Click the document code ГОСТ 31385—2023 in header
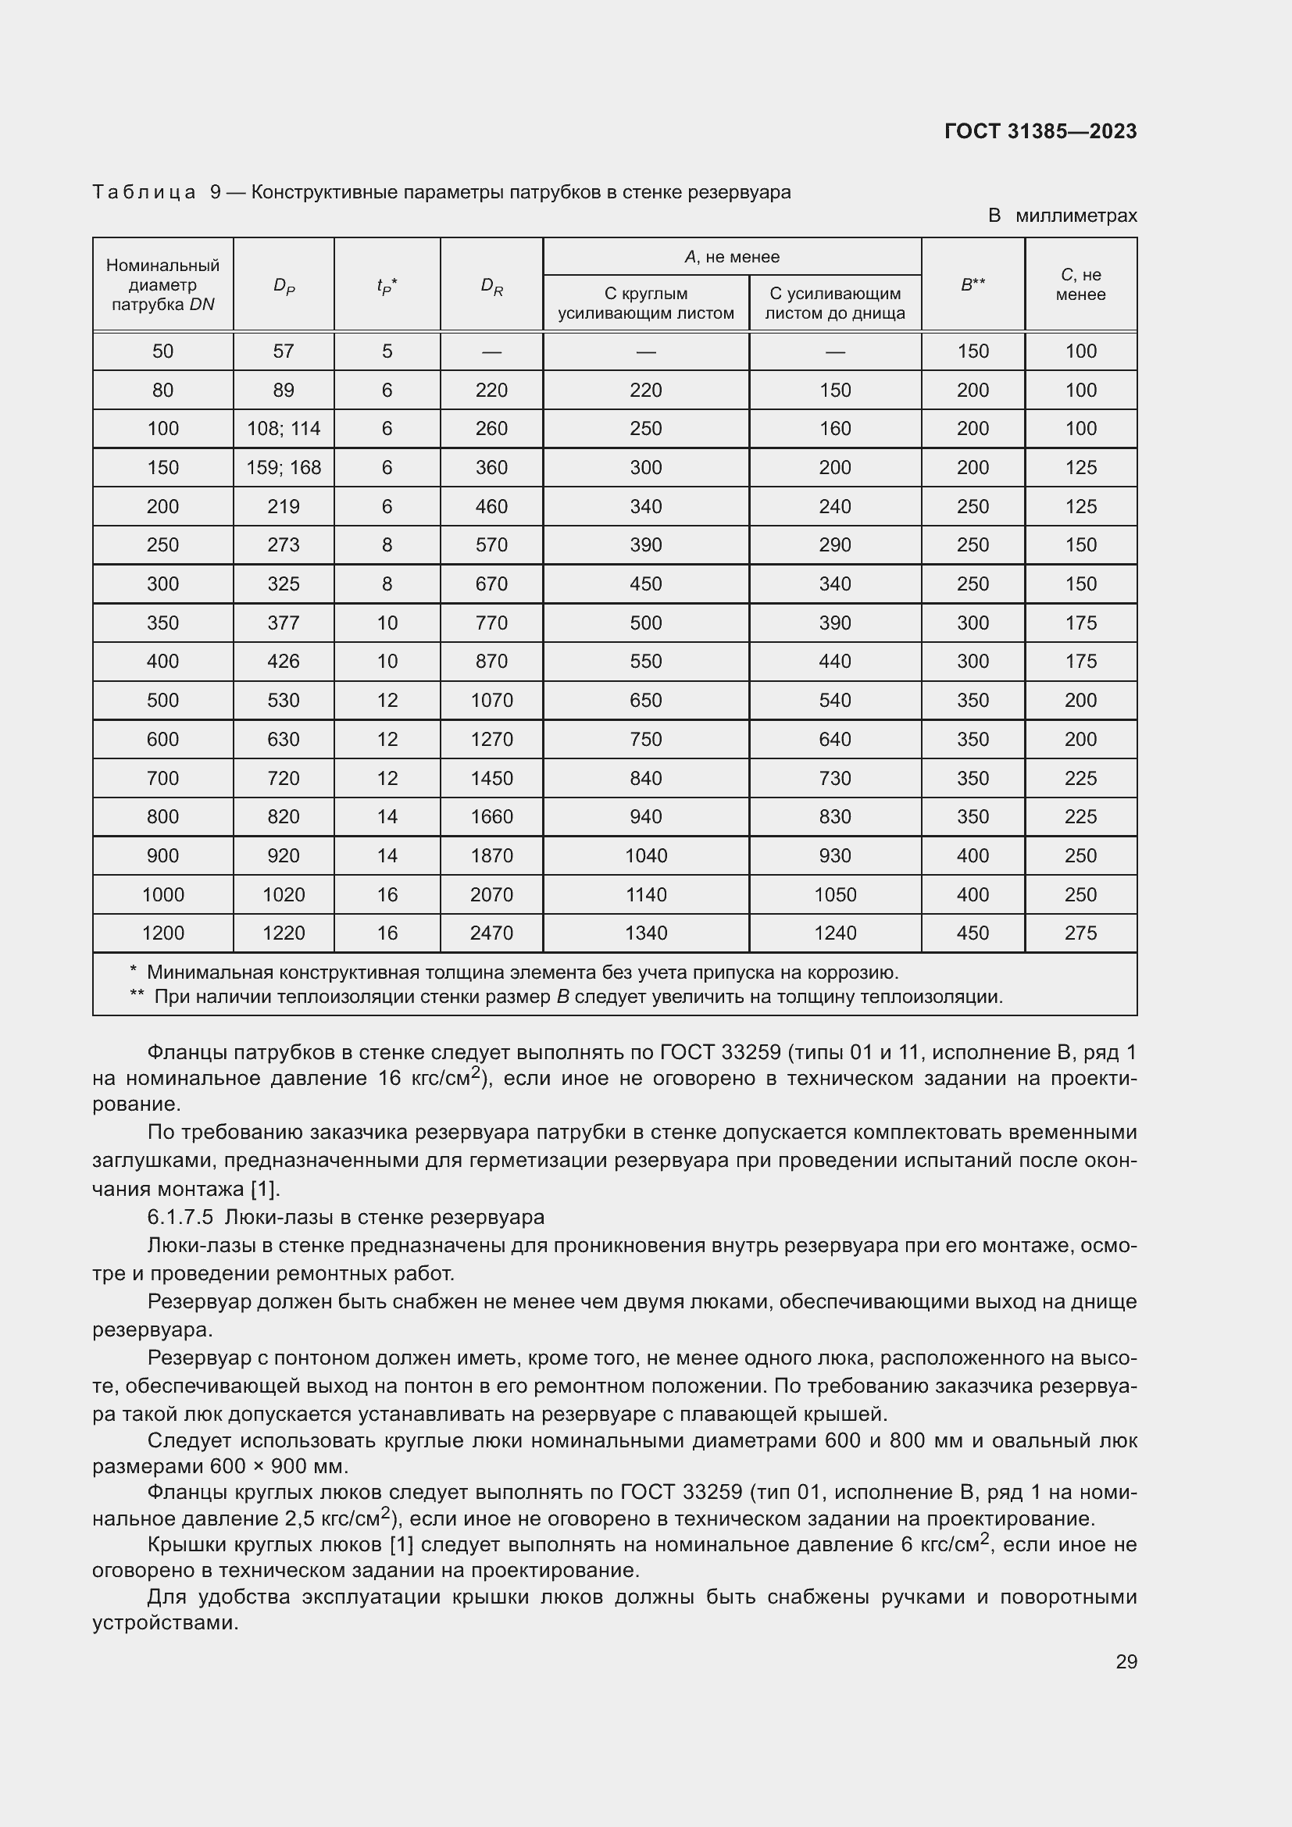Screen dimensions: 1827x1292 [x=1040, y=131]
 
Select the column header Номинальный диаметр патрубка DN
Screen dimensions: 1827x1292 [x=162, y=285]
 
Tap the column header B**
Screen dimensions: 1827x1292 [x=973, y=285]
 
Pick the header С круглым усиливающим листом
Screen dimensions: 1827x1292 [x=645, y=303]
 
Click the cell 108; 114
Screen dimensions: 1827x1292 [x=284, y=429]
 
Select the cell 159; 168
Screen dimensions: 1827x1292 [x=284, y=468]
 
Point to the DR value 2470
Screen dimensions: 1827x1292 [x=491, y=933]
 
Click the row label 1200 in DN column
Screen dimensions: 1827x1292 [x=162, y=933]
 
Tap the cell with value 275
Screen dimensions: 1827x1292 [x=1080, y=933]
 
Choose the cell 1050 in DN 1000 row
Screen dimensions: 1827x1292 [x=834, y=894]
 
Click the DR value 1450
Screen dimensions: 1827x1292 [x=491, y=778]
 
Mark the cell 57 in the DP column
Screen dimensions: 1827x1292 [x=284, y=351]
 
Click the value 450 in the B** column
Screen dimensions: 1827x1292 [x=973, y=933]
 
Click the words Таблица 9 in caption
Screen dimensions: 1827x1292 [x=155, y=193]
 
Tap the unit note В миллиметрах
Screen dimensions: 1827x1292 [x=1062, y=216]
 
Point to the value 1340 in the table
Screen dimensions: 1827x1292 [x=645, y=933]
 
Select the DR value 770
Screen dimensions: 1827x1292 [x=491, y=623]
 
